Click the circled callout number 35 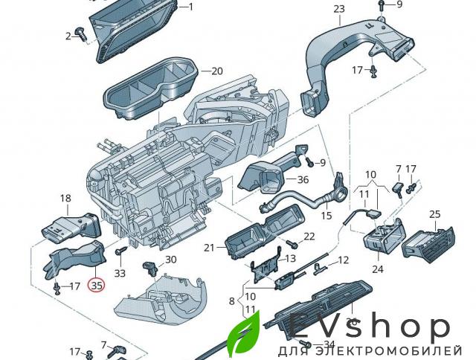[97, 283]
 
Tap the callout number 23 [339, 9]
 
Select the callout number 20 [216, 71]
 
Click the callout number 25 [435, 214]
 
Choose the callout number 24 [377, 269]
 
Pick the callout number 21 [209, 247]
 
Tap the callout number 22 [309, 236]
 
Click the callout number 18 [65, 199]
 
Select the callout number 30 [171, 260]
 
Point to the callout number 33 [120, 273]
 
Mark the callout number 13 [290, 258]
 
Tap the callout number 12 [343, 260]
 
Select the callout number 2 [68, 36]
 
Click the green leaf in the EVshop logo [243, 335]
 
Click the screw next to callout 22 [293, 243]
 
